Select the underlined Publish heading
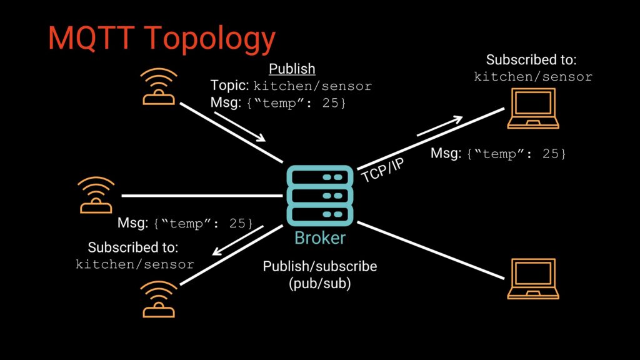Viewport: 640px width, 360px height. click(292, 69)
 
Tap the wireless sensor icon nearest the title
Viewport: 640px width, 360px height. click(159, 86)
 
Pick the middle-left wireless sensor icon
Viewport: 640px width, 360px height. click(96, 195)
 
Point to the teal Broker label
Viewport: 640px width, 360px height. click(320, 238)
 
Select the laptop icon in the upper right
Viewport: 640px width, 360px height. click(532, 108)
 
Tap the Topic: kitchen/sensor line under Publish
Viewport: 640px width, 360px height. click(291, 86)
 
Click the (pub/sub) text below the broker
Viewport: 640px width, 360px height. click(319, 282)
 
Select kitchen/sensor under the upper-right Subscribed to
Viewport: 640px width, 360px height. click(532, 77)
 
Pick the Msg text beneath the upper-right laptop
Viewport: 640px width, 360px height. click(498, 153)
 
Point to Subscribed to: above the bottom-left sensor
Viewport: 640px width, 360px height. click(132, 247)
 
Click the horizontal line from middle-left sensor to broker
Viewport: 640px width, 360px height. click(200, 196)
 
